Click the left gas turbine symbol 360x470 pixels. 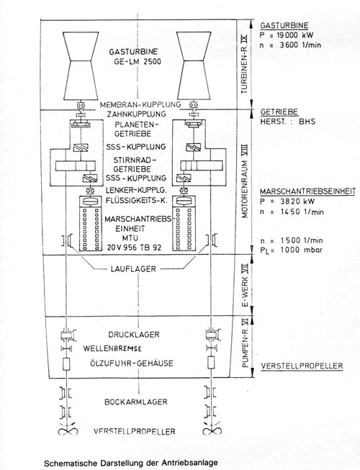tap(81, 65)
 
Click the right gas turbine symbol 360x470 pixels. tap(194, 65)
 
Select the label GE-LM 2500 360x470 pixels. tap(138, 62)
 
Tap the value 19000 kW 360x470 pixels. tap(294, 35)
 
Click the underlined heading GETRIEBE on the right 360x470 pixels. tap(279, 112)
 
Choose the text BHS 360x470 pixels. tap(307, 122)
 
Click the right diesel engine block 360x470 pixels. tap(184, 223)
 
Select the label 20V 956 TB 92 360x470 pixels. tap(135, 248)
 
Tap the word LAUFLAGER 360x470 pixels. tap(133, 269)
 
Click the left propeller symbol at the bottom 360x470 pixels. tap(68, 430)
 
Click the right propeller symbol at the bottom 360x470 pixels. tap(212, 430)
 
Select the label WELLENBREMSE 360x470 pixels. tap(112, 348)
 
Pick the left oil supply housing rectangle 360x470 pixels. tap(66, 363)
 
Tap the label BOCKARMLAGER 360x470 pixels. tap(136, 402)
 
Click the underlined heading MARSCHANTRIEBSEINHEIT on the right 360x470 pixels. tap(308, 191)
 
